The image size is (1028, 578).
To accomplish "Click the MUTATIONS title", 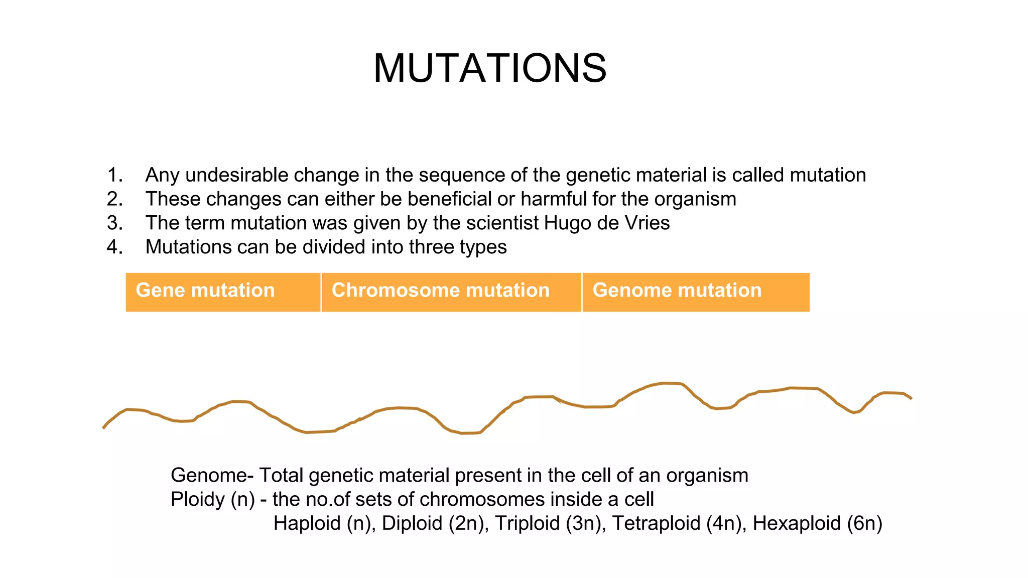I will pos(490,68).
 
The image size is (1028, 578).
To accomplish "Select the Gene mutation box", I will pos(222,292).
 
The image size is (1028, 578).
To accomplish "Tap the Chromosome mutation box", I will pos(451,292).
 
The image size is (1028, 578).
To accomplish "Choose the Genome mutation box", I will pos(695,292).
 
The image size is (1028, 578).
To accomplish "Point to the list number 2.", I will pos(114,199).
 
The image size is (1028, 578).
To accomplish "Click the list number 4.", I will pos(114,247).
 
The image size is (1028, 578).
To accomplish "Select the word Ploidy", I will pos(197,500).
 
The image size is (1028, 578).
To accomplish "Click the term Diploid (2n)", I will pos(435,523).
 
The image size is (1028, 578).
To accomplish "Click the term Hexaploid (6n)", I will pos(817,523).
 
